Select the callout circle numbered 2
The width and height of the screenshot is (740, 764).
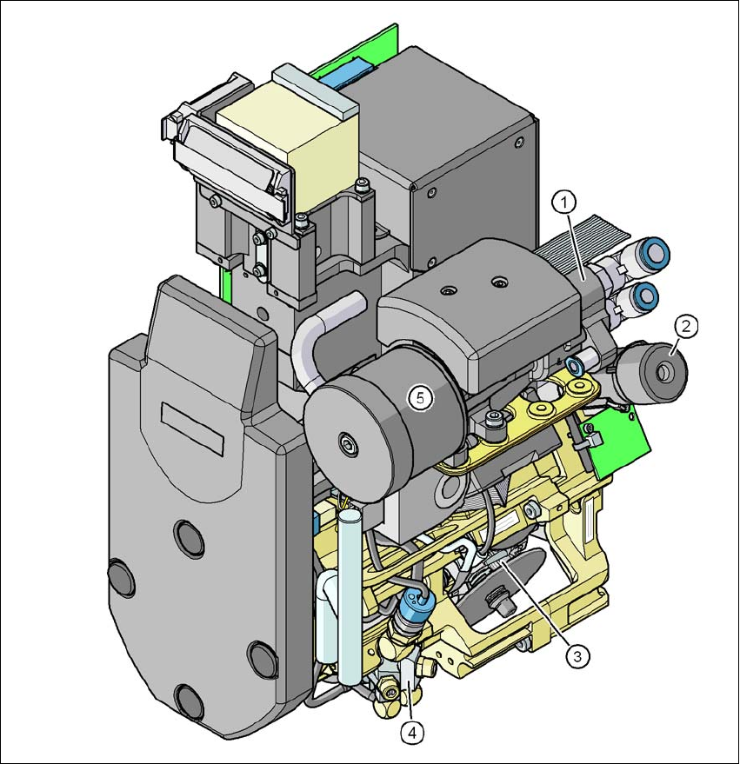click(x=686, y=327)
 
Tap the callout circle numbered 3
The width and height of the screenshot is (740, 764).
click(x=577, y=656)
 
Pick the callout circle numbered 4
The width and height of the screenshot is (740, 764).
click(x=412, y=733)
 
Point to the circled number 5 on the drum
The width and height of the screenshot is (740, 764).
click(x=421, y=398)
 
